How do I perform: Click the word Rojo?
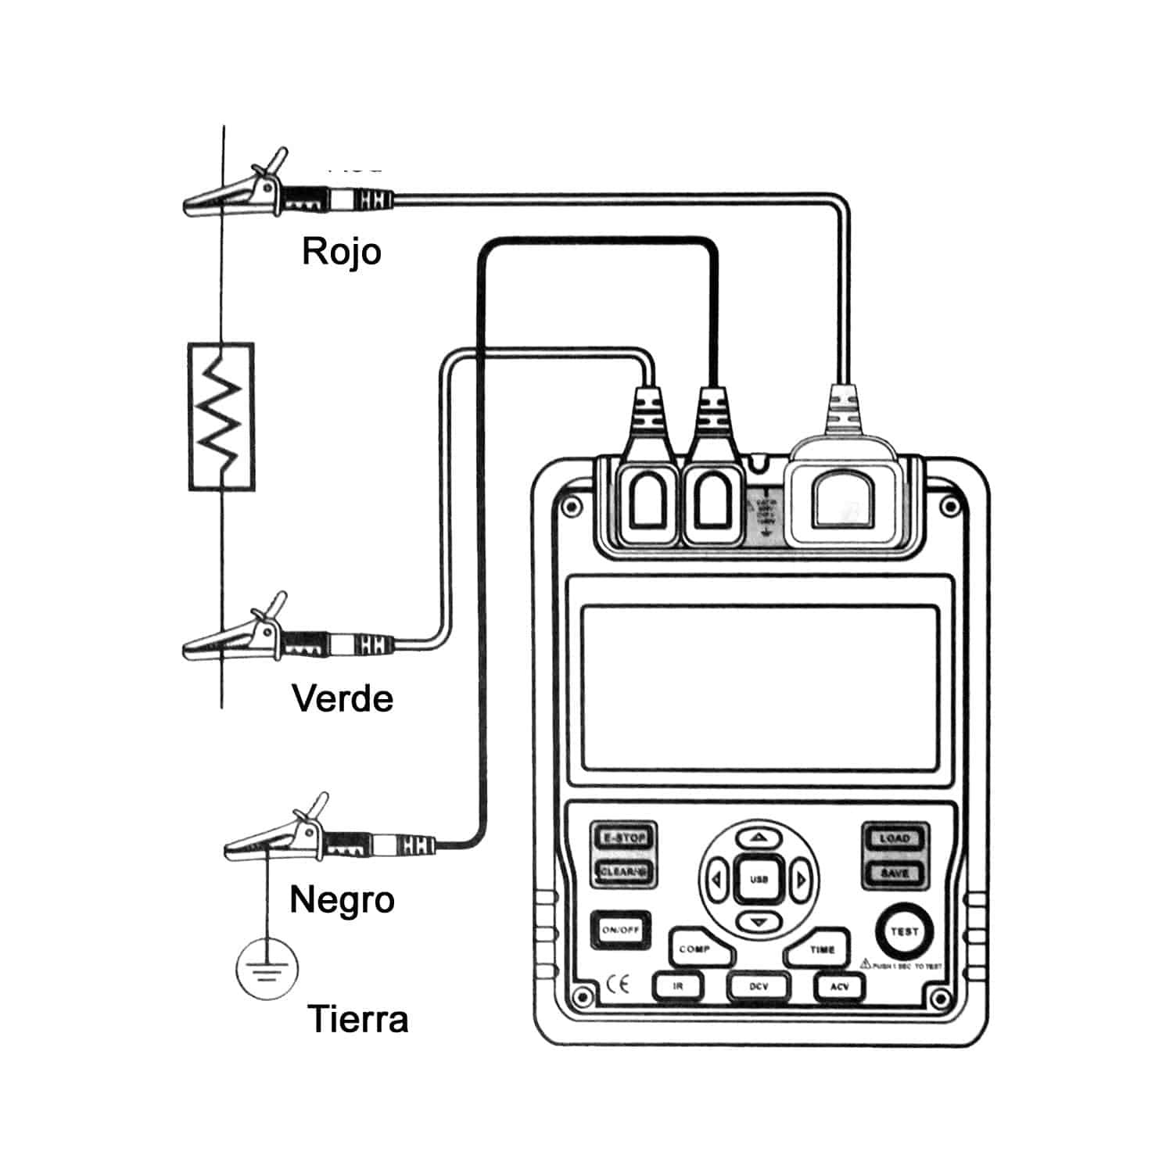point(342,251)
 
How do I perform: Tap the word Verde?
point(343,698)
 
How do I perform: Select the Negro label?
point(342,899)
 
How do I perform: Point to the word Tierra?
point(357,1019)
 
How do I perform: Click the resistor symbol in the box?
point(221,416)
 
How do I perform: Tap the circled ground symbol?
point(267,969)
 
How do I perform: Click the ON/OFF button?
point(621,930)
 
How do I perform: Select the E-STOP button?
point(623,838)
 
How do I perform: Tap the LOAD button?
point(895,838)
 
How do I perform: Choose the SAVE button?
point(895,873)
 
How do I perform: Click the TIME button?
point(819,949)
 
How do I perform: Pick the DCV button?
point(759,987)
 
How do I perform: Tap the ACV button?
point(839,987)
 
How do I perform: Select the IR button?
point(678,987)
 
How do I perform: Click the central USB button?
point(759,879)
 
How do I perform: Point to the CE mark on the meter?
point(618,985)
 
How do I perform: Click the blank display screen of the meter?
point(759,687)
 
